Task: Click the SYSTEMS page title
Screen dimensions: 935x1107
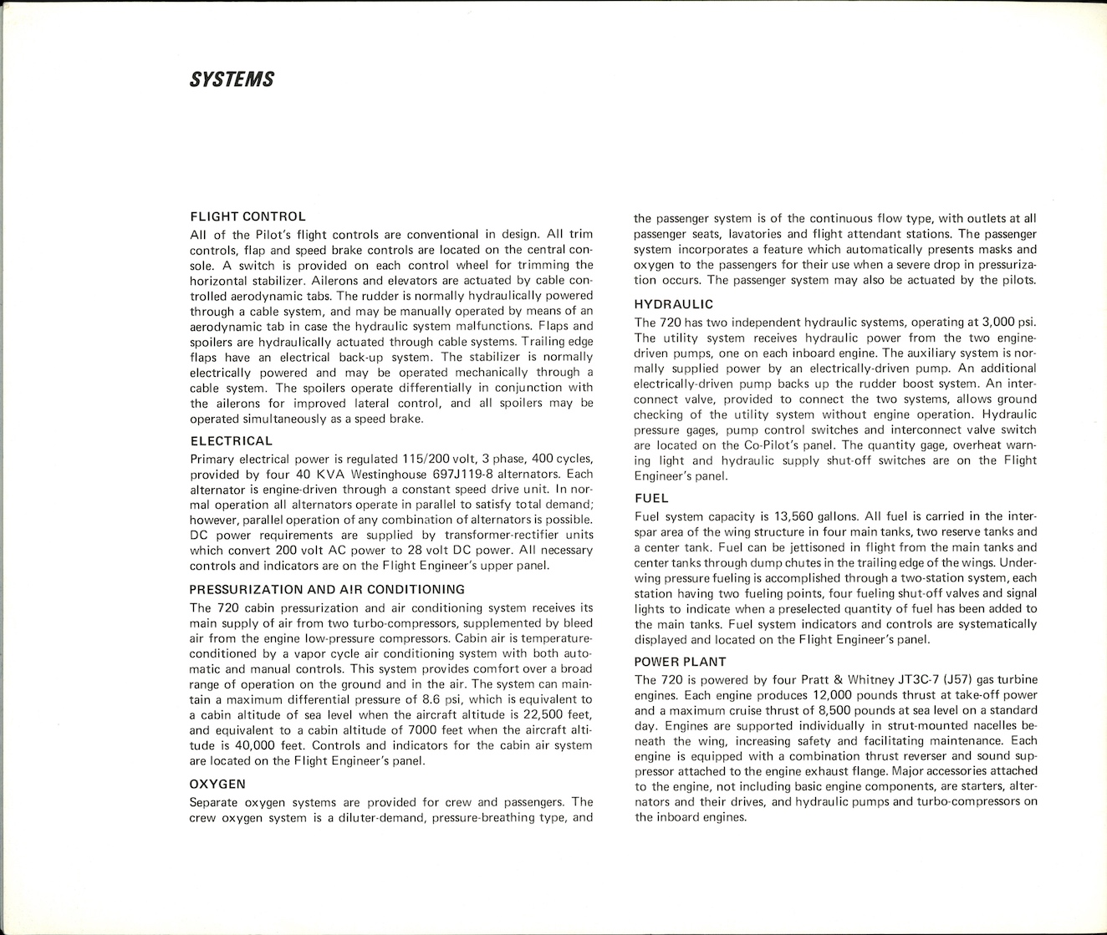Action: (x=232, y=80)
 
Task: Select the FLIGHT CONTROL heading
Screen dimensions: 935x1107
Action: (x=247, y=216)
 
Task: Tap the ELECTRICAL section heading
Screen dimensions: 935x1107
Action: (x=231, y=441)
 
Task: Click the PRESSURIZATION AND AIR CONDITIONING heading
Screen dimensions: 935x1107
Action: (x=327, y=589)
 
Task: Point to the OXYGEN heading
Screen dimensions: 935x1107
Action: (x=217, y=784)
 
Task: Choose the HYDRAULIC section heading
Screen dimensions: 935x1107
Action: (x=673, y=304)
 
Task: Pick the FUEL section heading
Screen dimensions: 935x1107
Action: (x=651, y=498)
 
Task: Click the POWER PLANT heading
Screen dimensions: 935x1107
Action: (x=680, y=662)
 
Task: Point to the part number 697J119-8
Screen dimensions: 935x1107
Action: (x=464, y=475)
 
